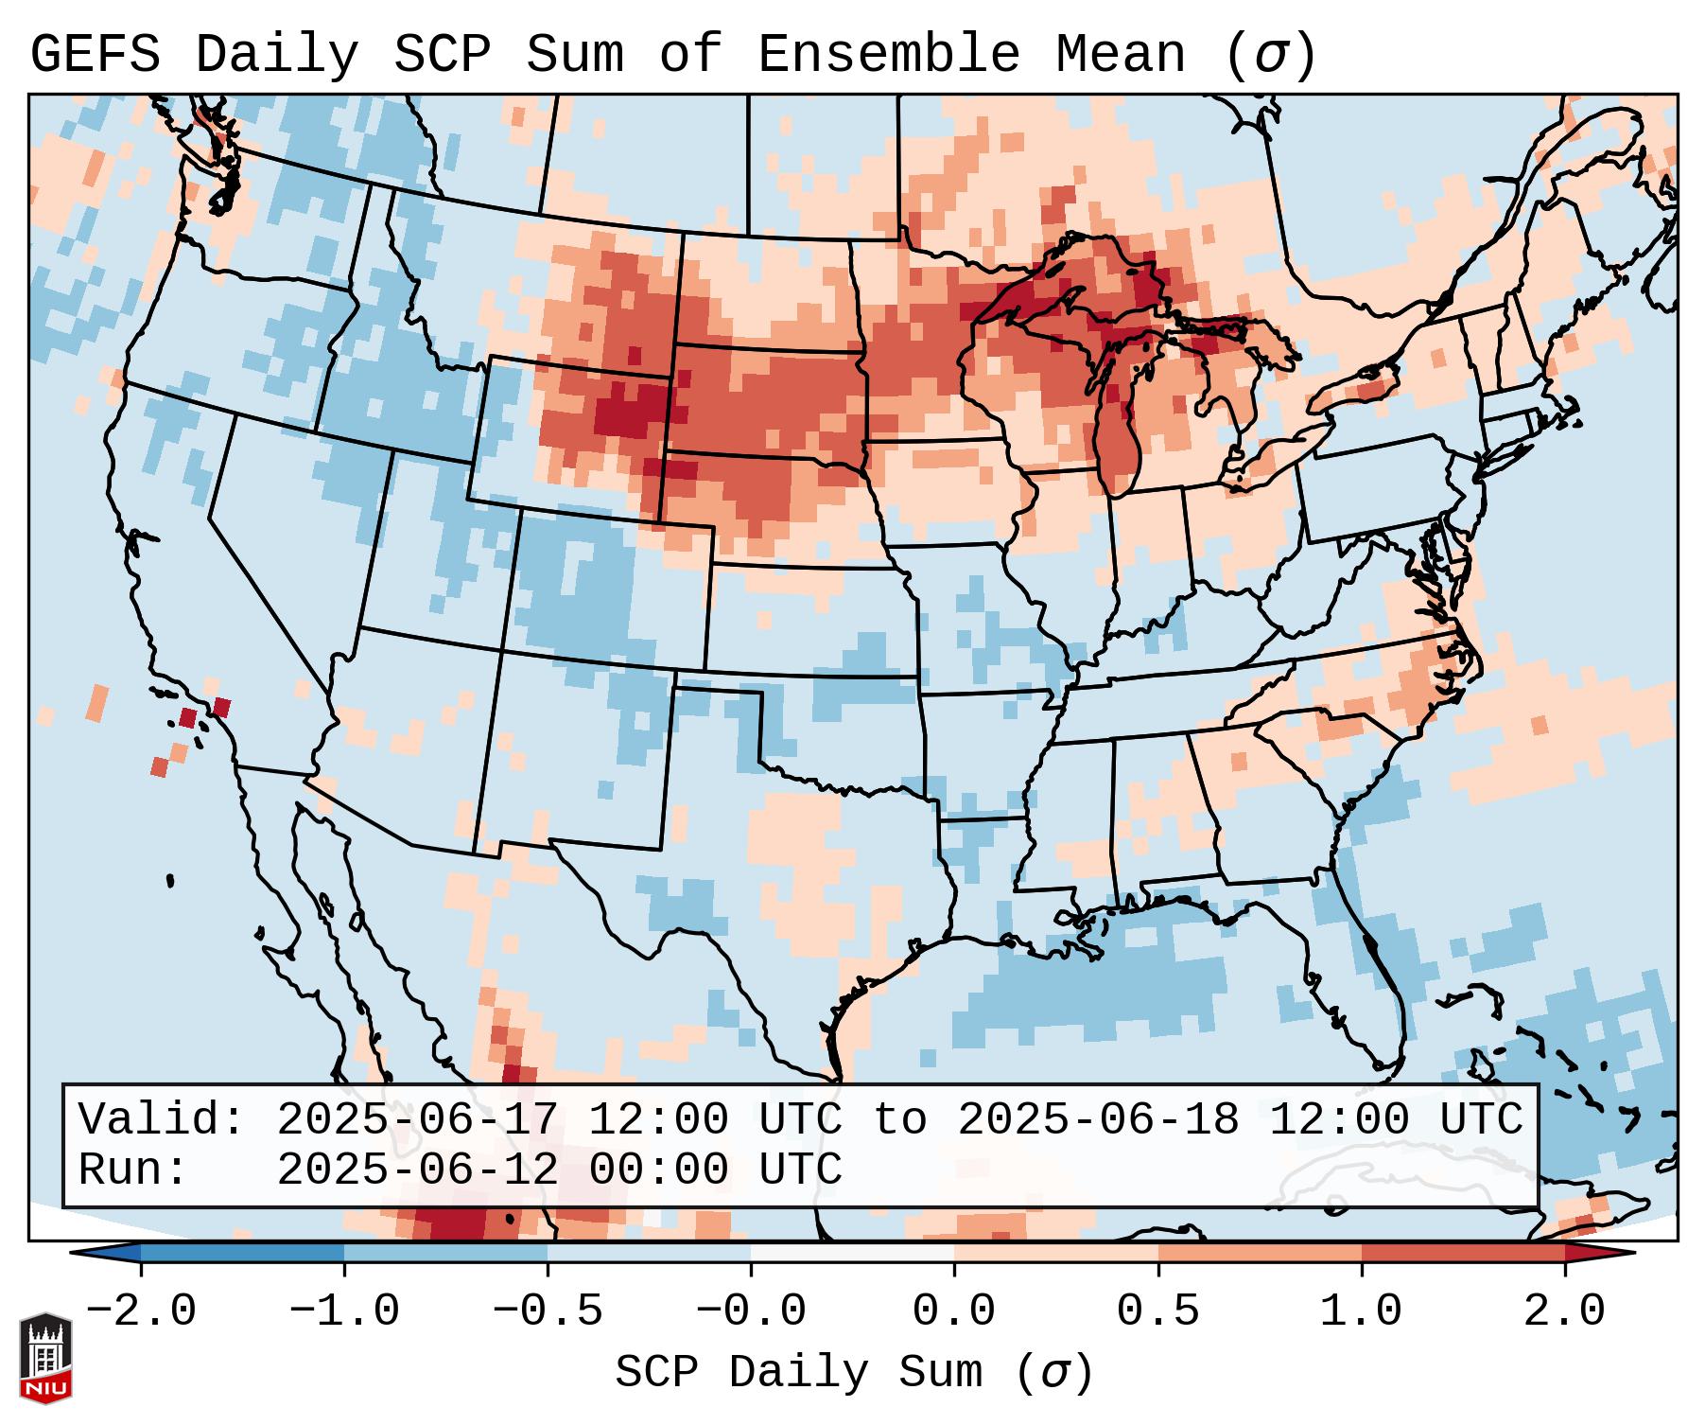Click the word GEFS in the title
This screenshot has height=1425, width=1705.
tap(95, 55)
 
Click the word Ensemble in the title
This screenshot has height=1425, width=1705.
tap(888, 55)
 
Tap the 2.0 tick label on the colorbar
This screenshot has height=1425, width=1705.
tap(1564, 1311)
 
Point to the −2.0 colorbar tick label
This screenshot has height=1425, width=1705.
tap(141, 1311)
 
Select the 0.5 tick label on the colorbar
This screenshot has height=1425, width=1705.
tap(1157, 1311)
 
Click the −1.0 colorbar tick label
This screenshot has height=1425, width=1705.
tap(344, 1311)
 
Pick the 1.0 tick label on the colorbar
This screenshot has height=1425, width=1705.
tap(1361, 1311)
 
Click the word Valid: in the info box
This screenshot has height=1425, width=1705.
tap(162, 1119)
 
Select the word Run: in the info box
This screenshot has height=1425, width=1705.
tap(132, 1170)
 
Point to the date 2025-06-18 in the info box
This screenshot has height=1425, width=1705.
tap(1098, 1119)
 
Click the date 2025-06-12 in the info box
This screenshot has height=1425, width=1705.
tap(417, 1170)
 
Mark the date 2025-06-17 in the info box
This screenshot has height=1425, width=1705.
tap(417, 1119)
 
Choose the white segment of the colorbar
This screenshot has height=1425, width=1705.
tap(852, 1253)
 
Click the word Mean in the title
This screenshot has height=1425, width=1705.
tap(1120, 55)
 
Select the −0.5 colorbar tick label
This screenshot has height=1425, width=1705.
tap(548, 1311)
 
